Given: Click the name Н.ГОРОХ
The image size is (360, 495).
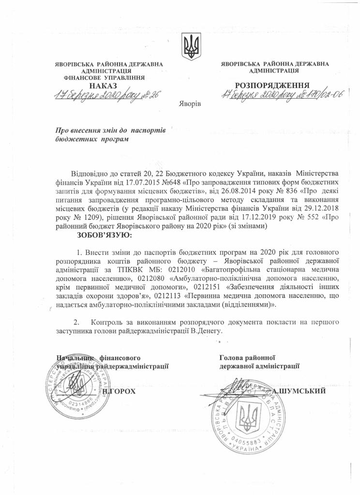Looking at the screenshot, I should (119, 391).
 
